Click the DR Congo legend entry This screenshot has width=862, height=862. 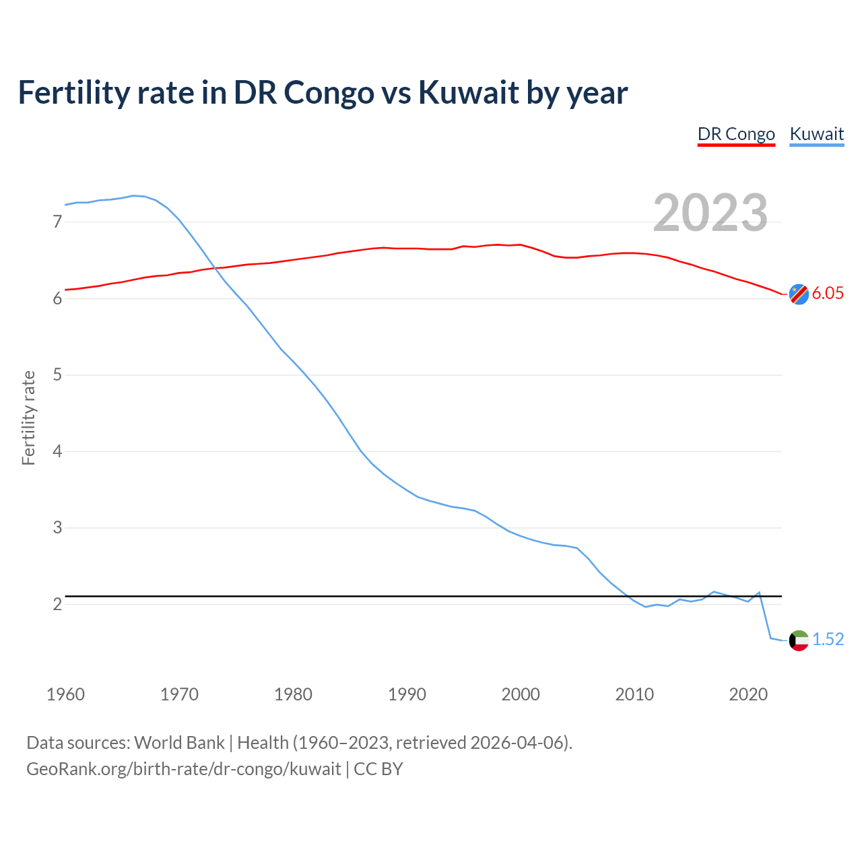pyautogui.click(x=736, y=134)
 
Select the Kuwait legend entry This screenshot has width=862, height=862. pyautogui.click(x=816, y=134)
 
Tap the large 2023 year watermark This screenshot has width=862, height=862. pyautogui.click(x=710, y=213)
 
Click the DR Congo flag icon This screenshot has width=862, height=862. pyautogui.click(x=799, y=294)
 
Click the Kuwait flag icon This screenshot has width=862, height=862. pyautogui.click(x=799, y=640)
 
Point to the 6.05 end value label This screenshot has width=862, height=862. pyautogui.click(x=828, y=294)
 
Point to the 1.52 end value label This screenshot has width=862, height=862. pyautogui.click(x=828, y=640)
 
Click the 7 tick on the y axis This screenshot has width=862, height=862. pyautogui.click(x=57, y=222)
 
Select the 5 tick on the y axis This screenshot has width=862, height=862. pyautogui.click(x=57, y=374)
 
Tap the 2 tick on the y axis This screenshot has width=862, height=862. pyautogui.click(x=57, y=604)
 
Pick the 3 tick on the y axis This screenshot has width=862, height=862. pyautogui.click(x=57, y=527)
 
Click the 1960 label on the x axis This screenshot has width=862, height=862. pyautogui.click(x=65, y=694)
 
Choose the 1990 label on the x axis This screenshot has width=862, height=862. pyautogui.click(x=407, y=694)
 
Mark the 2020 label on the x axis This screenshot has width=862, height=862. pyautogui.click(x=748, y=694)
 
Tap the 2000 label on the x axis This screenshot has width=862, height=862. pyautogui.click(x=521, y=694)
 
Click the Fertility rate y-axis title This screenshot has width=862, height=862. pyautogui.click(x=28, y=418)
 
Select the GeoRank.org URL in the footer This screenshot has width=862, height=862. pyautogui.click(x=183, y=769)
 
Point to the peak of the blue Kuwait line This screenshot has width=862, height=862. pyautogui.click(x=133, y=195)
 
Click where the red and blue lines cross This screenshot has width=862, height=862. pyautogui.click(x=215, y=269)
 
